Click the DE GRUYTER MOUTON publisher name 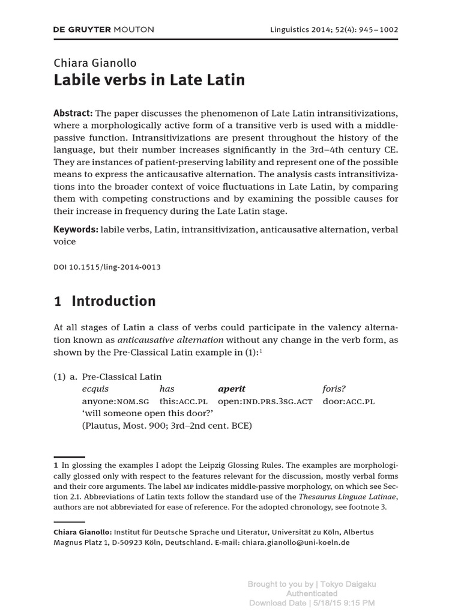click(x=104, y=29)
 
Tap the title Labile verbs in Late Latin click(x=149, y=80)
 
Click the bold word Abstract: click(x=73, y=114)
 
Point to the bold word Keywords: click(x=76, y=229)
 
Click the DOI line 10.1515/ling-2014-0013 click(x=107, y=267)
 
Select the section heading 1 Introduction click(x=104, y=301)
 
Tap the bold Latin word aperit click(x=232, y=389)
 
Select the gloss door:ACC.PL click(x=348, y=401)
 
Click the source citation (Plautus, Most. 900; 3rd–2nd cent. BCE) click(x=167, y=426)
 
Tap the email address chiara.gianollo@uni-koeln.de click(x=295, y=542)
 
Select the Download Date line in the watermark click(x=312, y=602)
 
